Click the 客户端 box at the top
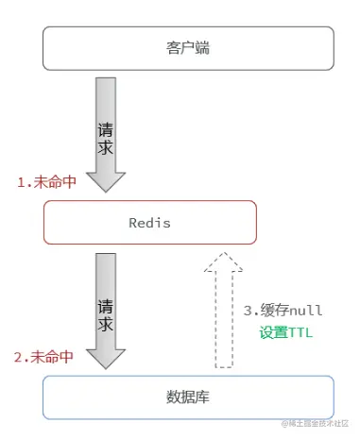coord(188,47)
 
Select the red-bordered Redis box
coord(149,223)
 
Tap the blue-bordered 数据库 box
coord(188,398)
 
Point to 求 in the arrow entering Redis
coord(106,149)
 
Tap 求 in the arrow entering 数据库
coord(106,326)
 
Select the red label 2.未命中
coord(46,357)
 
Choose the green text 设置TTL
coord(286,333)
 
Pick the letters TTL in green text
coord(301,333)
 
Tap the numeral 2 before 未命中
coord(21,357)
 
